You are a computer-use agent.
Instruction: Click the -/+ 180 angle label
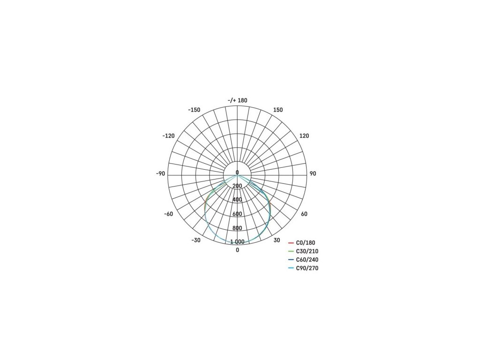pos(237,100)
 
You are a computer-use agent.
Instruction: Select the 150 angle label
pos(277,110)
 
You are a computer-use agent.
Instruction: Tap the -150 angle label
pos(194,110)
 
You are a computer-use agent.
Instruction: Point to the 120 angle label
pos(304,136)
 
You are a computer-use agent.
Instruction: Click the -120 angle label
pos(168,136)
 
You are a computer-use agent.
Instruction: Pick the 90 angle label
pos(313,173)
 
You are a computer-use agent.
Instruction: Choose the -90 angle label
pos(160,173)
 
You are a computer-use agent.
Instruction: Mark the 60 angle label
pos(304,214)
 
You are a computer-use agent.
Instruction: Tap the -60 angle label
pos(169,214)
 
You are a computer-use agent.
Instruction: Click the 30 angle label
pos(277,240)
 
